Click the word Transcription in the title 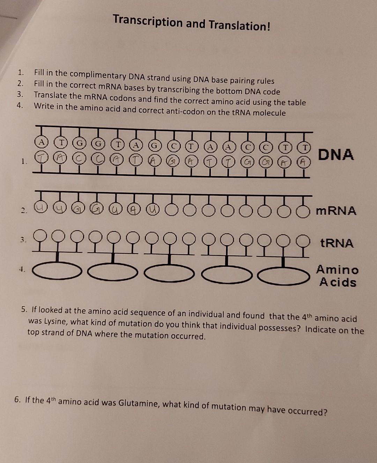[148, 22]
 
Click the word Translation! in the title [239, 25]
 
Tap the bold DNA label [336, 154]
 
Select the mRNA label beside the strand [336, 211]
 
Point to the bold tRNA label [337, 243]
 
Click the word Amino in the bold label [337, 270]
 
